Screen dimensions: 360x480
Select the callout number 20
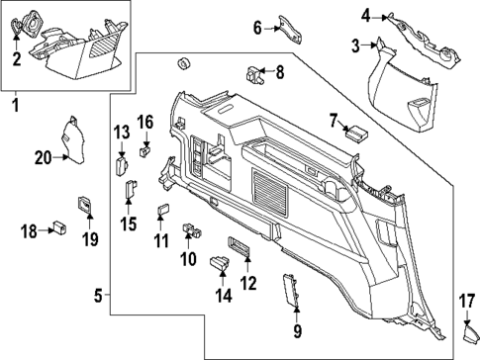(43, 157)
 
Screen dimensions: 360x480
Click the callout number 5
(98, 294)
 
